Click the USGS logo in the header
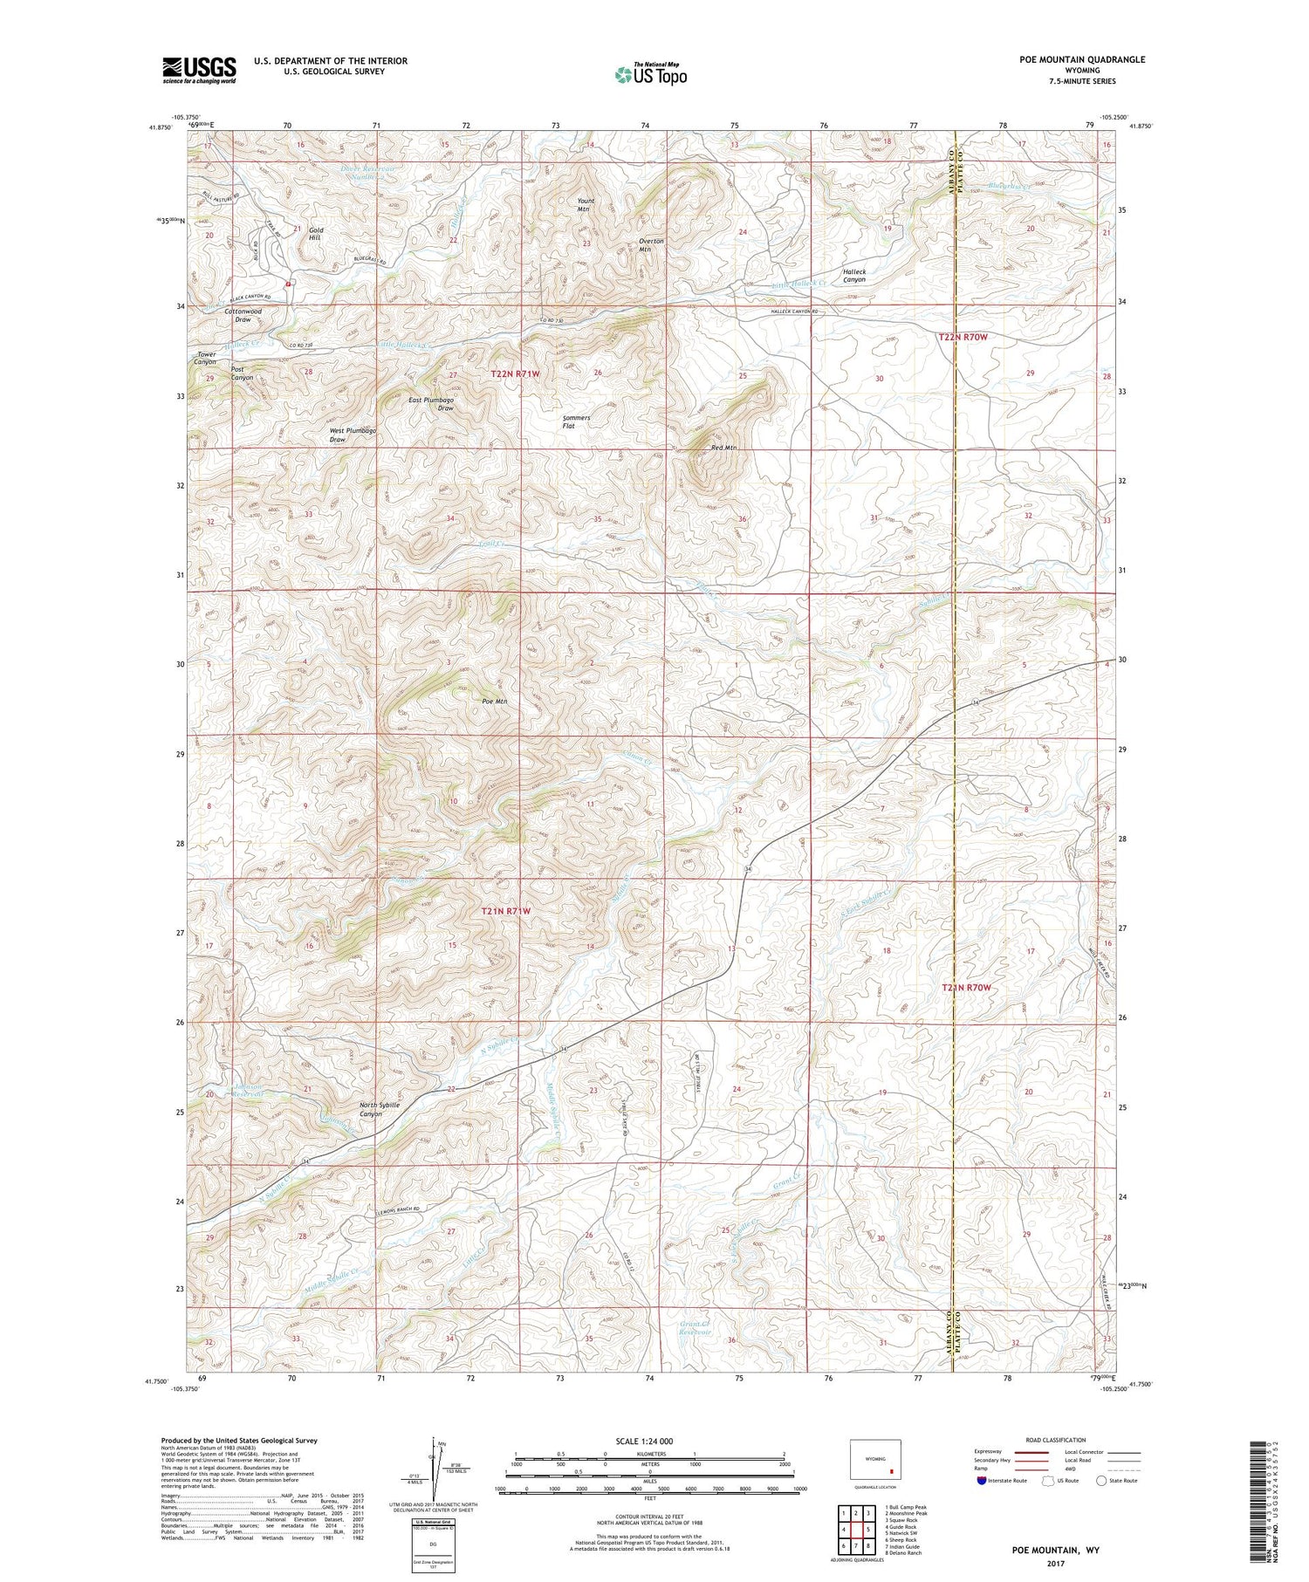(x=199, y=70)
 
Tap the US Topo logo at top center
(x=651, y=74)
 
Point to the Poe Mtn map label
(x=494, y=701)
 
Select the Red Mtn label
(x=723, y=448)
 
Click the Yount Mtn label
(x=585, y=205)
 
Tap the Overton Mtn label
(x=651, y=244)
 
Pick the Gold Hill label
(x=315, y=234)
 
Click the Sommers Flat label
(x=576, y=421)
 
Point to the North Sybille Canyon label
(x=380, y=1109)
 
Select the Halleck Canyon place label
(x=853, y=276)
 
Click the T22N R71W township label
(x=515, y=373)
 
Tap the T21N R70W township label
(x=966, y=987)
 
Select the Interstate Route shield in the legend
(x=981, y=1481)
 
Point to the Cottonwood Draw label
(x=243, y=315)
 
